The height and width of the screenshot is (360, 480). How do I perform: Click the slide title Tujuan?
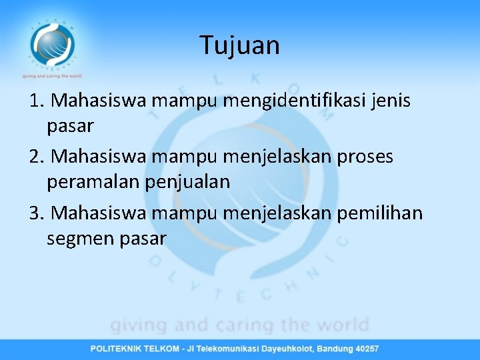click(240, 45)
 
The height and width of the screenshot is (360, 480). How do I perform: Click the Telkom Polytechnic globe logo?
click(52, 44)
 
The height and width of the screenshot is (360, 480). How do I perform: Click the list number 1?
click(37, 101)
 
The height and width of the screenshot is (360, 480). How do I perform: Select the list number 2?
click(37, 157)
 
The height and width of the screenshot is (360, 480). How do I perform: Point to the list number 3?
click(37, 213)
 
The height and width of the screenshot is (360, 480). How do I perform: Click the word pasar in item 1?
click(70, 125)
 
